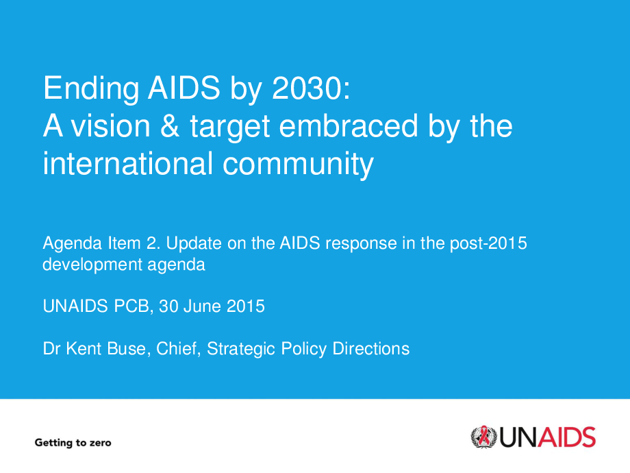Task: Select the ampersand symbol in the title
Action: tap(170, 125)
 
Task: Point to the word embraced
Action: tap(349, 125)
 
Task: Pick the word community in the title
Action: tap(298, 166)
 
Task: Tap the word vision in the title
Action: tap(110, 125)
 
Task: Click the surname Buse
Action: tap(126, 349)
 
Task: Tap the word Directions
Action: tap(371, 349)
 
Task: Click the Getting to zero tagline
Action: tap(73, 443)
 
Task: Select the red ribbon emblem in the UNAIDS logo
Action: tap(484, 436)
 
